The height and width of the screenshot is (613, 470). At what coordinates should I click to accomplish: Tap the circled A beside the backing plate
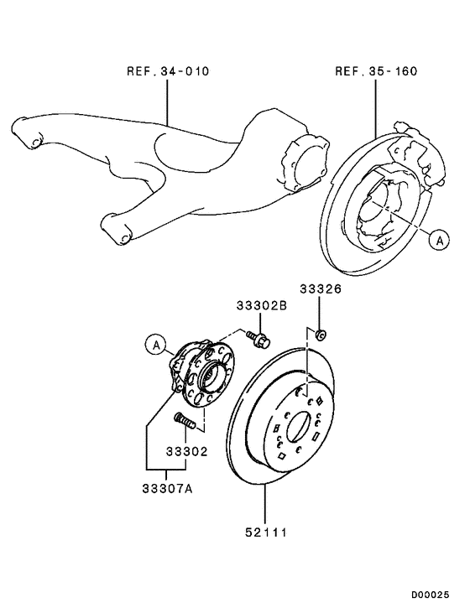[x=437, y=240]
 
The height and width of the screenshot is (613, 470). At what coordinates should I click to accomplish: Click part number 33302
[x=186, y=450]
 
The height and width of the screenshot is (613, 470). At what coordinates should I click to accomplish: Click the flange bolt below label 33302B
[x=258, y=339]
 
